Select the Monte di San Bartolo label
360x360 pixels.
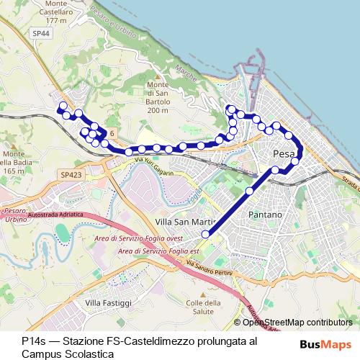point(157,93)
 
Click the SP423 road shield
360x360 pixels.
point(71,175)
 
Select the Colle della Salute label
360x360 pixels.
point(202,308)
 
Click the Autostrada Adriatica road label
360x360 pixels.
point(57,215)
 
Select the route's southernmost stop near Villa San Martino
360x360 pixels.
point(205,234)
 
